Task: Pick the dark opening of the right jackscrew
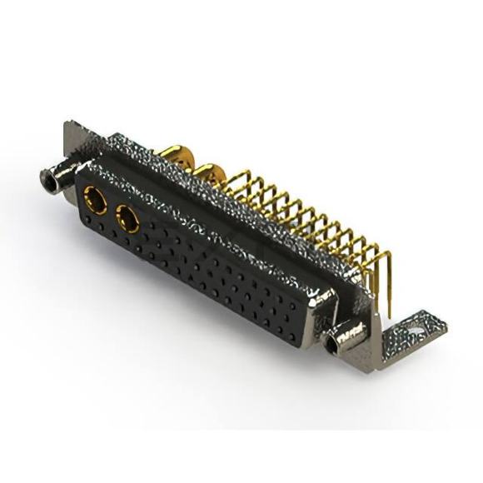338,341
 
